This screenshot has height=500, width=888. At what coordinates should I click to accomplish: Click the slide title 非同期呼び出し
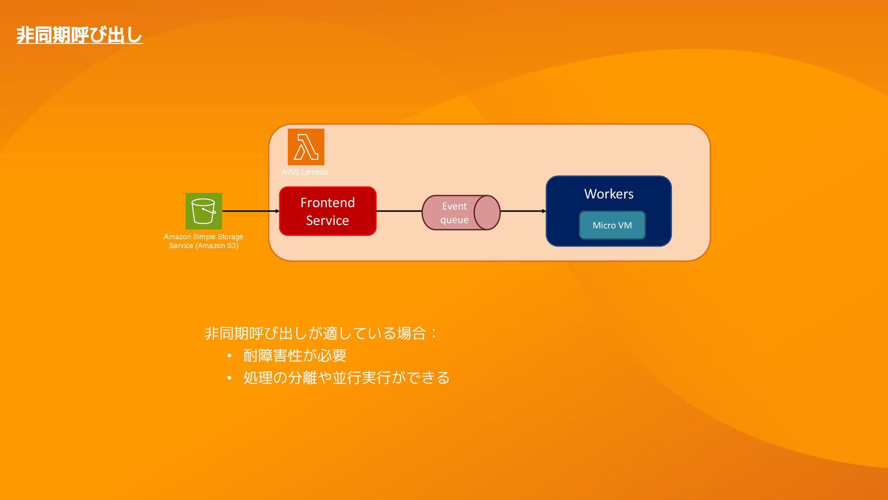click(80, 35)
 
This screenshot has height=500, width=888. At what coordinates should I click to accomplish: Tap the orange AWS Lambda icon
click(306, 147)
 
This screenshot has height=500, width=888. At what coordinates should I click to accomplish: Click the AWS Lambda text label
click(304, 172)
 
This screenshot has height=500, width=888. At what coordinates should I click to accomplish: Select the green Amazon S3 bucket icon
click(203, 211)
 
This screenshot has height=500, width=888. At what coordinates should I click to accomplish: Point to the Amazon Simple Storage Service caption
click(203, 241)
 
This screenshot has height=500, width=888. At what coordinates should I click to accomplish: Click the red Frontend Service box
click(327, 211)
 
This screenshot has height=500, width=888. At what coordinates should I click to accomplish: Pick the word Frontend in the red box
click(327, 203)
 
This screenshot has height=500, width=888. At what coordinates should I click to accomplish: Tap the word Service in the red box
click(327, 220)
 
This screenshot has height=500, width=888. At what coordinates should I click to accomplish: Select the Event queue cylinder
click(456, 212)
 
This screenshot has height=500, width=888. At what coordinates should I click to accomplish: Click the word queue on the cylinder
click(454, 220)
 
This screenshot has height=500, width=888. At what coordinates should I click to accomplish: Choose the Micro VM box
click(612, 225)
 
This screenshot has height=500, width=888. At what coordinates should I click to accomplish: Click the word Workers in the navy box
click(609, 194)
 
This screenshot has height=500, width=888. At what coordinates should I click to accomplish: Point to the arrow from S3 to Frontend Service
click(250, 211)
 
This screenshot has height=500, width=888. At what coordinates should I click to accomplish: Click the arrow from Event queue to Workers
click(523, 211)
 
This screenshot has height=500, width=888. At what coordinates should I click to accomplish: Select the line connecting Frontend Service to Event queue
click(399, 211)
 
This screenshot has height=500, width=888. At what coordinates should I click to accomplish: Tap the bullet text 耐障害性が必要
click(295, 356)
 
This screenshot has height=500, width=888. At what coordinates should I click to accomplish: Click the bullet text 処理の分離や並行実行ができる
click(346, 378)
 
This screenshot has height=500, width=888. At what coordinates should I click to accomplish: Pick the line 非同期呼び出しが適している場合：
click(320, 333)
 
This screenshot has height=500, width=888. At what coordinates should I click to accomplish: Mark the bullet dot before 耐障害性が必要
click(229, 356)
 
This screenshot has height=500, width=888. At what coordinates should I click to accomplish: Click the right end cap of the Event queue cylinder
click(487, 212)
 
